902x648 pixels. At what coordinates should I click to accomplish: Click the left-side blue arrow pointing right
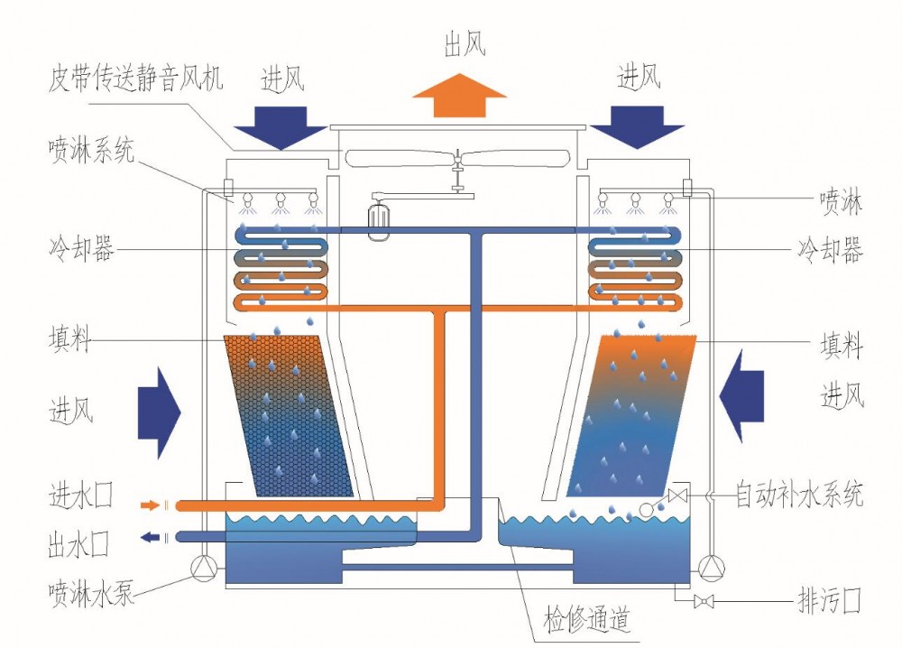coord(159,411)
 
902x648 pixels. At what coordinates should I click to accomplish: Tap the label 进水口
coord(80,497)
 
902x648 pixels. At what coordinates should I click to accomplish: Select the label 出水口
coord(80,543)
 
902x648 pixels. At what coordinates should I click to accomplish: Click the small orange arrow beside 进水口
coord(151,505)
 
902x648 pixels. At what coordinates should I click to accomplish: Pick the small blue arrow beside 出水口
coord(151,538)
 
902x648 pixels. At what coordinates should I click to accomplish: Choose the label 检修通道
coord(586,621)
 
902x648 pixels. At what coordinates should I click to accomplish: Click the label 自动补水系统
coord(799,495)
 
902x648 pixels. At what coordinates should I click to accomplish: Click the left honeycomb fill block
coord(289,415)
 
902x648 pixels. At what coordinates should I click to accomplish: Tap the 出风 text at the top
coord(465,46)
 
